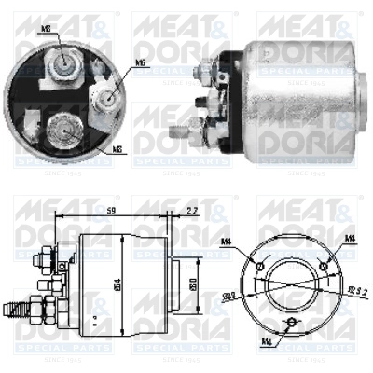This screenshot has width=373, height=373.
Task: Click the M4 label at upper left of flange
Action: (226, 242)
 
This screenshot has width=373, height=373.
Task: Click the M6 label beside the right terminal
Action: (141, 63)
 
